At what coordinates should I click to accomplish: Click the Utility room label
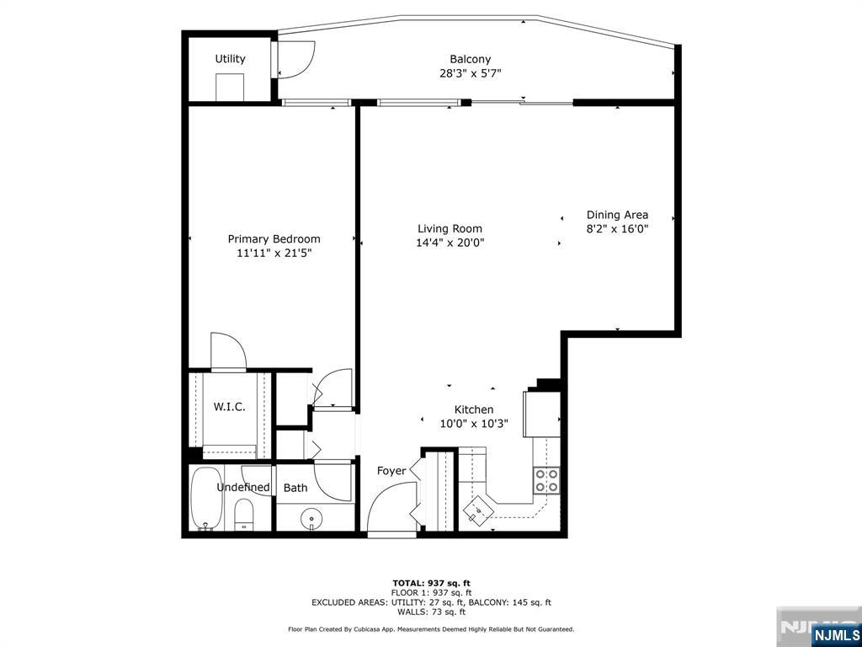tap(230, 59)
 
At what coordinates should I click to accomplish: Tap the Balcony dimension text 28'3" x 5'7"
tap(470, 73)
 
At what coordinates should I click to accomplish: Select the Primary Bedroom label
tap(274, 239)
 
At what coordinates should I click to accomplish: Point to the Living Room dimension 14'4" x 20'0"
tap(450, 243)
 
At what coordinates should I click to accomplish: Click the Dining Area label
tap(617, 215)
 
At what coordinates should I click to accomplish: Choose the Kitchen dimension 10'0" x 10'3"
tap(473, 424)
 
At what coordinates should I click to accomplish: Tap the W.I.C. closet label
tap(229, 407)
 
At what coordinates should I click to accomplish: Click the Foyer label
tap(391, 471)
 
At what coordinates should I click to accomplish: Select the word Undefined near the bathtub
tap(243, 488)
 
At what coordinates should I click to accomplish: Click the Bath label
tap(295, 488)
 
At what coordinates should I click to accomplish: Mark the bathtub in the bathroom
tap(205, 499)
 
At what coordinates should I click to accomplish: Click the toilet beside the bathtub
tap(244, 513)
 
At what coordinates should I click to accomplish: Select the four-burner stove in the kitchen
tap(545, 480)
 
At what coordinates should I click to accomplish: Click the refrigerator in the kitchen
tap(541, 414)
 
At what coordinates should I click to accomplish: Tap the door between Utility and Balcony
tap(295, 59)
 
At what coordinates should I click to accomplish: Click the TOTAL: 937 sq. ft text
tap(431, 583)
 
